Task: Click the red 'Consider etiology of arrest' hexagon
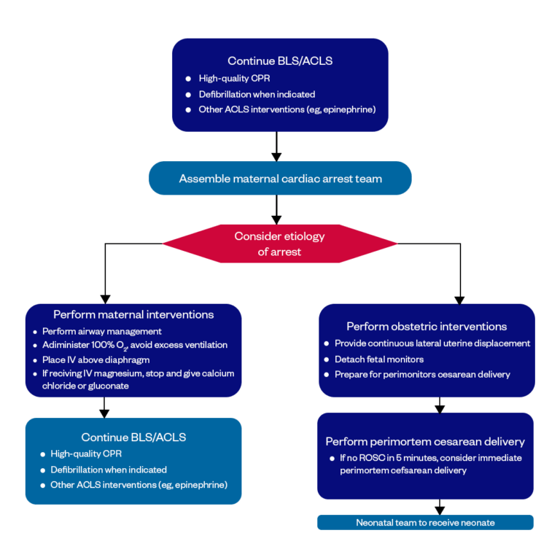tap(279, 244)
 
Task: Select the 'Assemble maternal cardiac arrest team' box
tap(280, 179)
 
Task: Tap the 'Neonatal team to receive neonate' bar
tap(425, 523)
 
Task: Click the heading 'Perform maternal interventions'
tap(133, 315)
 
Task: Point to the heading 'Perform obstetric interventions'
tap(427, 326)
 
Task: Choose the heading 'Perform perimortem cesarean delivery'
tap(425, 442)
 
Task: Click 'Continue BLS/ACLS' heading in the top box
tap(280, 61)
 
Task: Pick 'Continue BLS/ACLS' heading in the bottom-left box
tap(133, 437)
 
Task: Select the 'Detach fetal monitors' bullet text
tap(379, 359)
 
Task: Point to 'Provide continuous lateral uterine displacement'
tap(432, 343)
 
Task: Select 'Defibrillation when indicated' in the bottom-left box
tap(109, 470)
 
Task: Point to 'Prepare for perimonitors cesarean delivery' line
tap(422, 375)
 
